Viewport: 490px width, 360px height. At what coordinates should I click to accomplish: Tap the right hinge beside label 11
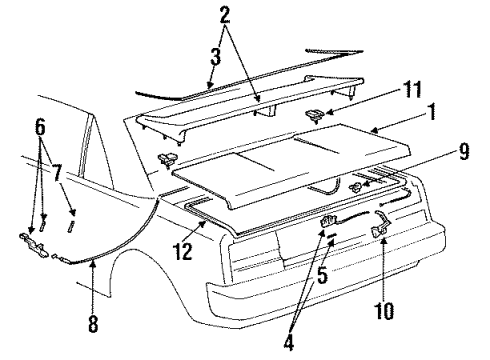coord(315,116)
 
